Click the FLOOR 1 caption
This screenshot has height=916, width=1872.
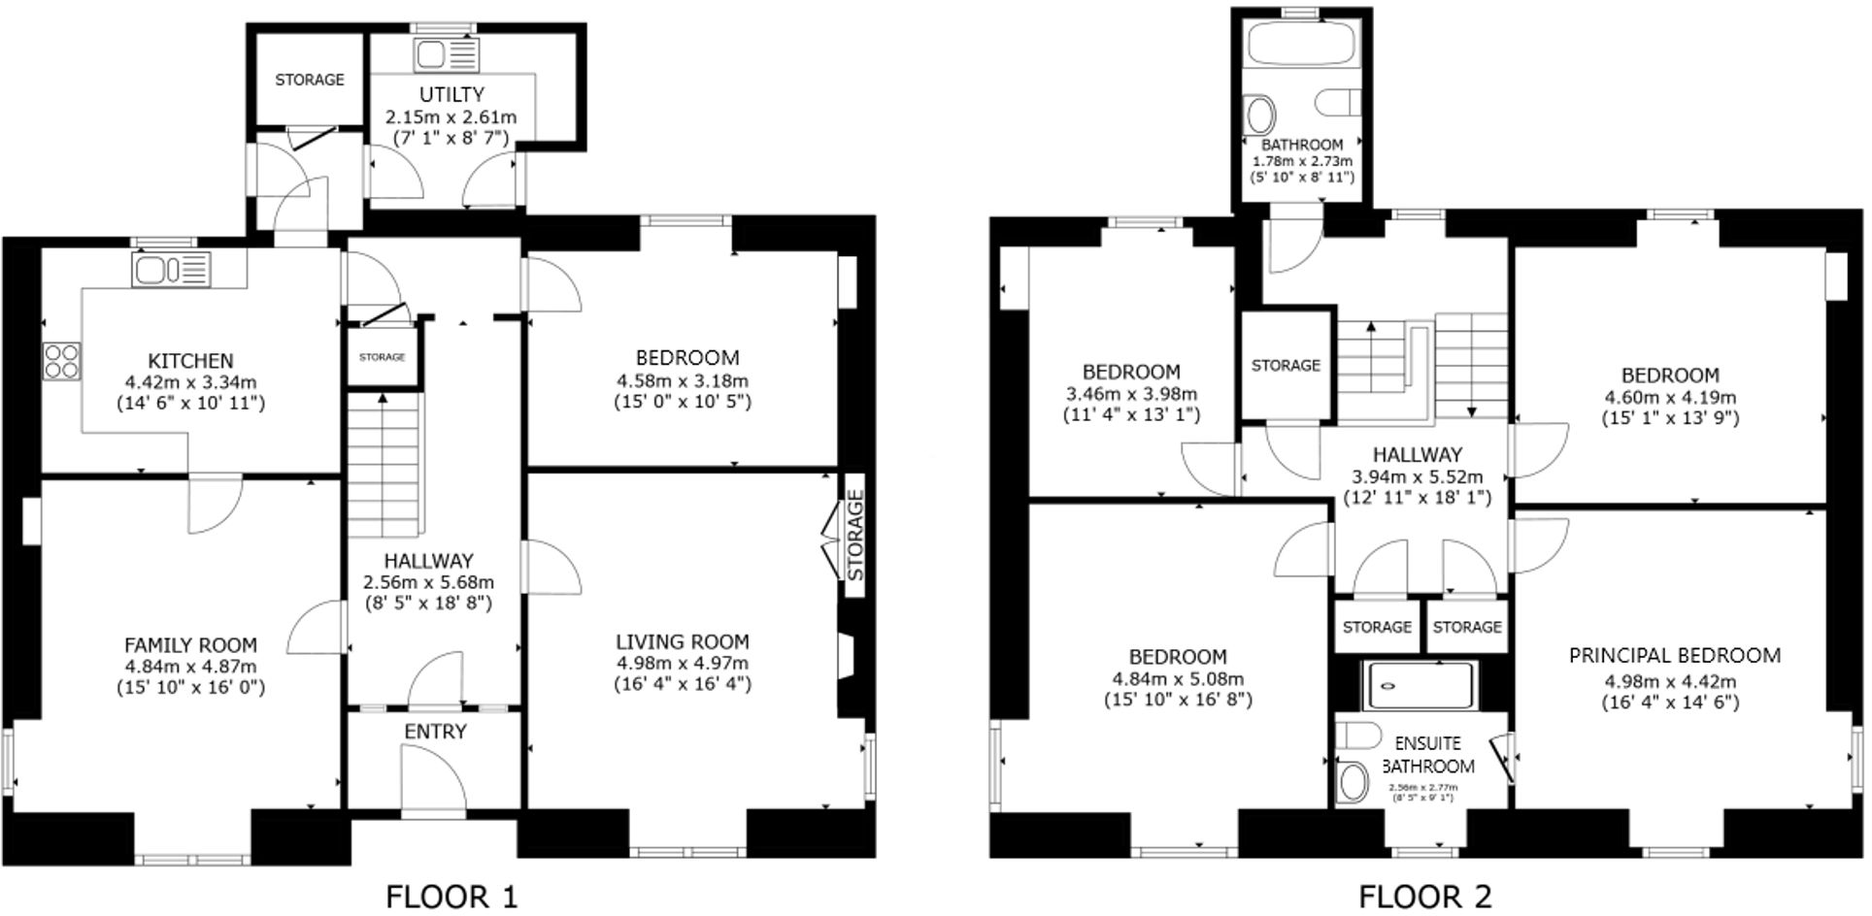[451, 896]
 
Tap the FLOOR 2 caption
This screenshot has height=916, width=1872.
[1424, 896]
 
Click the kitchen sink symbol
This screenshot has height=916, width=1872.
[171, 269]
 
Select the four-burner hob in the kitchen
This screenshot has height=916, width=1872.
[60, 361]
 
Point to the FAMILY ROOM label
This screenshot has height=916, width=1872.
[190, 645]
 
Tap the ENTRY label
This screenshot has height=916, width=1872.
[435, 732]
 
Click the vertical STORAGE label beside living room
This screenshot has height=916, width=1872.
[854, 536]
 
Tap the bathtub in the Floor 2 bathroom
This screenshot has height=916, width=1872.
[1300, 42]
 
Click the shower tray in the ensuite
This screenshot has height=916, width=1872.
[1419, 684]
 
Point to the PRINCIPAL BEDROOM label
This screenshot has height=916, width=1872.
[1674, 656]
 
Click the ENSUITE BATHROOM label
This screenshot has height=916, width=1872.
[1427, 755]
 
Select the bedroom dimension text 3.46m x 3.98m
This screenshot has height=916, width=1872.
[1131, 394]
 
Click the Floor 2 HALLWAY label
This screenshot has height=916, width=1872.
[1417, 454]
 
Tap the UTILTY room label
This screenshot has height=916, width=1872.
[451, 95]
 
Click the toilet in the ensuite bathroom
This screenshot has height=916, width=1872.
[1352, 782]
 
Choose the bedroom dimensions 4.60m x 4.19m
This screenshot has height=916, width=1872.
[1669, 397]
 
